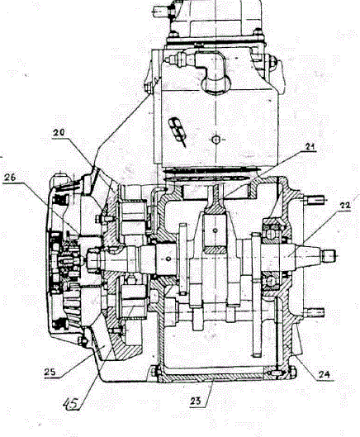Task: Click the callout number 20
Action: (x=59, y=133)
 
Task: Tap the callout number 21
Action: (x=310, y=146)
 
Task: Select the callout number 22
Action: (x=345, y=206)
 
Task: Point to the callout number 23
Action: (x=196, y=401)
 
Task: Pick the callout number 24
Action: (x=324, y=374)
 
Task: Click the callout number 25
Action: (x=50, y=372)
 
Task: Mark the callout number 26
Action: (x=10, y=178)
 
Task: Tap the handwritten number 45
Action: (x=71, y=403)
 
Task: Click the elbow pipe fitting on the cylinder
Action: (x=213, y=73)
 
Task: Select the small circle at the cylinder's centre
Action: (x=216, y=139)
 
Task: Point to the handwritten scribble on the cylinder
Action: (x=178, y=131)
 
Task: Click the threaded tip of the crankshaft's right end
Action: (x=329, y=256)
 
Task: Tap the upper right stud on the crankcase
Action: (x=315, y=200)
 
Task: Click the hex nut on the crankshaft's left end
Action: (x=92, y=260)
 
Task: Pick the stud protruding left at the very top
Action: (x=160, y=12)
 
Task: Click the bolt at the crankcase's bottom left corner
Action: (x=154, y=372)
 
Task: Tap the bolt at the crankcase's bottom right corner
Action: (x=291, y=372)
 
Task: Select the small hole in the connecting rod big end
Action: (x=215, y=230)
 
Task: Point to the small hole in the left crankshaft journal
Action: (x=168, y=259)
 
